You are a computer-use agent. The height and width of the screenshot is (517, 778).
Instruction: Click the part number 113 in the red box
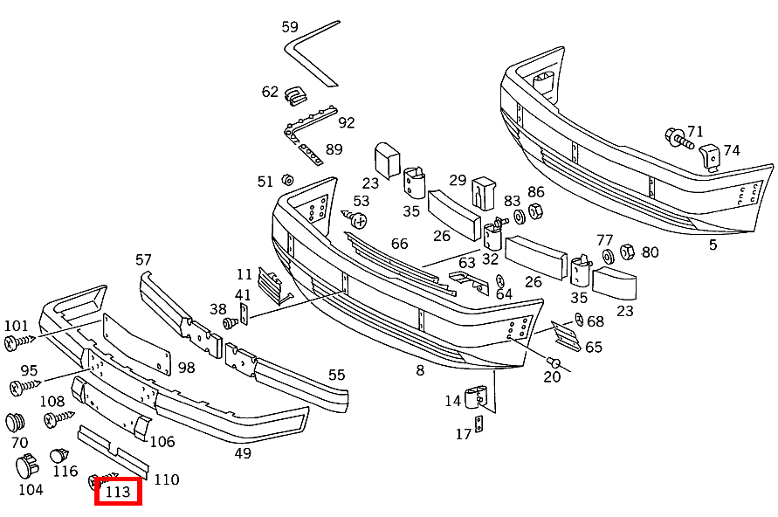(118, 492)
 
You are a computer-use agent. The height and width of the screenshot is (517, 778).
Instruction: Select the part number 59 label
(290, 27)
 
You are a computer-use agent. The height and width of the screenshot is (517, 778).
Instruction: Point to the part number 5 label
(713, 245)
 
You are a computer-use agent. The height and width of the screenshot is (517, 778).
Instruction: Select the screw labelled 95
(24, 385)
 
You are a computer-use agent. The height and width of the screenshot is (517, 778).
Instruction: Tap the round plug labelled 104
(27, 466)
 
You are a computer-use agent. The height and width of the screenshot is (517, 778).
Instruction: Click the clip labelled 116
(59, 455)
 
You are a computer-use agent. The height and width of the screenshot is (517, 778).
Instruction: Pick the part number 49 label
(243, 453)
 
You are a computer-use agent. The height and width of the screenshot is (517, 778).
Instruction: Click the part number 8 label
(420, 370)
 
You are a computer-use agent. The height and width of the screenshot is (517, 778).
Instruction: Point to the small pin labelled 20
(552, 362)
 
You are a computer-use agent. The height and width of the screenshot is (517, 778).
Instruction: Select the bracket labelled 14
(477, 397)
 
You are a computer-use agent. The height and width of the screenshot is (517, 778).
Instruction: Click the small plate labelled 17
(479, 426)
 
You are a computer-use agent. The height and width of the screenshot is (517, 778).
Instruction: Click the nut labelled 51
(286, 181)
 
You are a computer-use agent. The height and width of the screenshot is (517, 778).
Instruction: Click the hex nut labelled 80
(627, 253)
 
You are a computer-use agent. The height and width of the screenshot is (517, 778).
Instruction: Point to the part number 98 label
(186, 368)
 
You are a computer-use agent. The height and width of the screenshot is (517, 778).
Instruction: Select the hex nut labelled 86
(536, 212)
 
